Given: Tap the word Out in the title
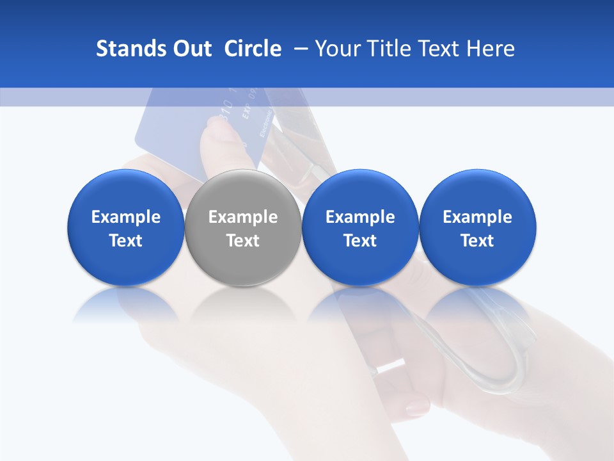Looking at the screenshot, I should (191, 49).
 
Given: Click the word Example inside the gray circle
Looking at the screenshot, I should (243, 217).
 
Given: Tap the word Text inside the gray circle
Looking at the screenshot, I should (243, 241).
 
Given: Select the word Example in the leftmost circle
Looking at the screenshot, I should (125, 217).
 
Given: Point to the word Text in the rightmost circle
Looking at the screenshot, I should (478, 241).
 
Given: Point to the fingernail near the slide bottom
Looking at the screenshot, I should (416, 405).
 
